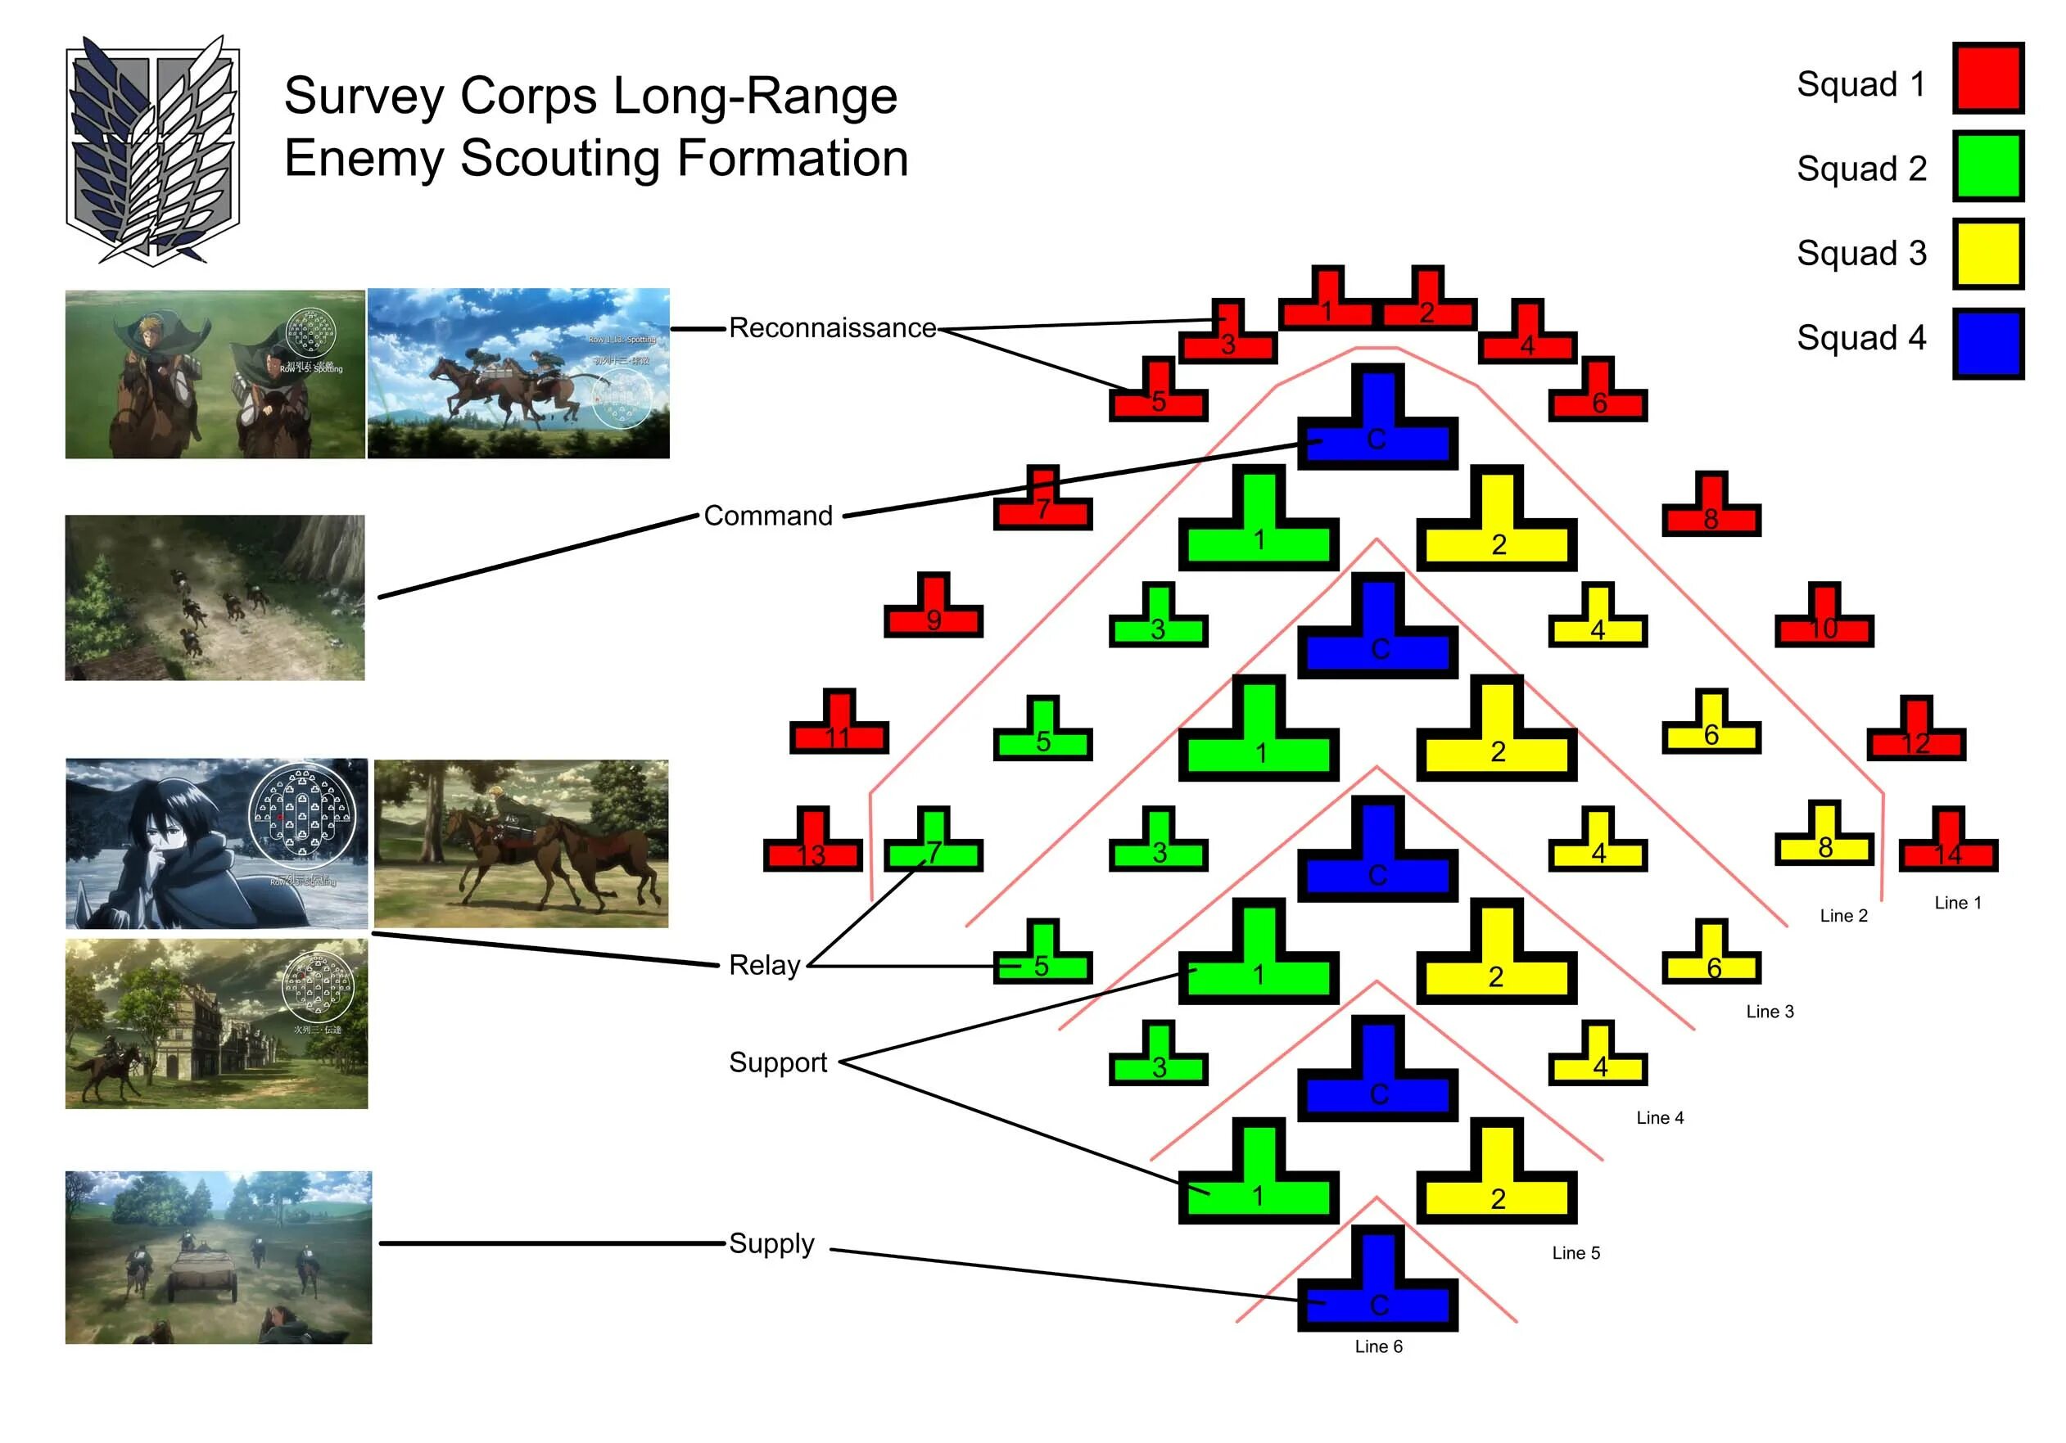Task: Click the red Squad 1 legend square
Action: click(x=1987, y=79)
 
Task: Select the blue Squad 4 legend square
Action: click(x=1987, y=344)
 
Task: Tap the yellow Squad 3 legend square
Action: click(x=1987, y=254)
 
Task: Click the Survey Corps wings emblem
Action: click(x=153, y=151)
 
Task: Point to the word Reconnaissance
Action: click(x=831, y=328)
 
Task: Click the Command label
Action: click(x=767, y=516)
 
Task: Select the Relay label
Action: click(x=764, y=965)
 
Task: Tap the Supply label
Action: click(x=771, y=1243)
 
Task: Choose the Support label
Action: click(x=777, y=1062)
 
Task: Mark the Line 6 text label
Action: click(x=1377, y=1346)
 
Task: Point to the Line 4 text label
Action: click(x=1659, y=1117)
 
